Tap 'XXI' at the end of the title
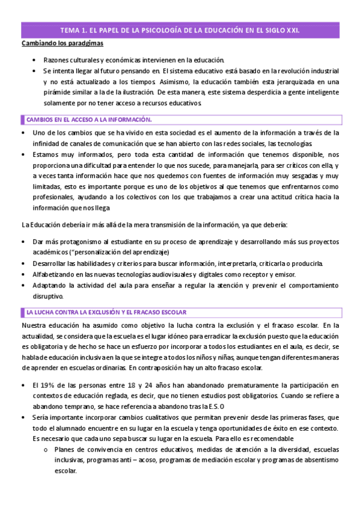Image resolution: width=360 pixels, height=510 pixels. tap(293, 29)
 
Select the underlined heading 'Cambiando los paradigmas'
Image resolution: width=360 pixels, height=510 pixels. tap(63, 44)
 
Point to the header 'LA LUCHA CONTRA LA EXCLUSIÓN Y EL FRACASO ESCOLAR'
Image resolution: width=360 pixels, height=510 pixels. tap(106, 312)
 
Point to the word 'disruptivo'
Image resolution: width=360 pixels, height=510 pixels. tap(52, 296)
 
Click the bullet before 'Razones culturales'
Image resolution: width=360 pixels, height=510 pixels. tap(36, 60)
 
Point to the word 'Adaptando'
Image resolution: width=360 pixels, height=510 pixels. tap(49, 285)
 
